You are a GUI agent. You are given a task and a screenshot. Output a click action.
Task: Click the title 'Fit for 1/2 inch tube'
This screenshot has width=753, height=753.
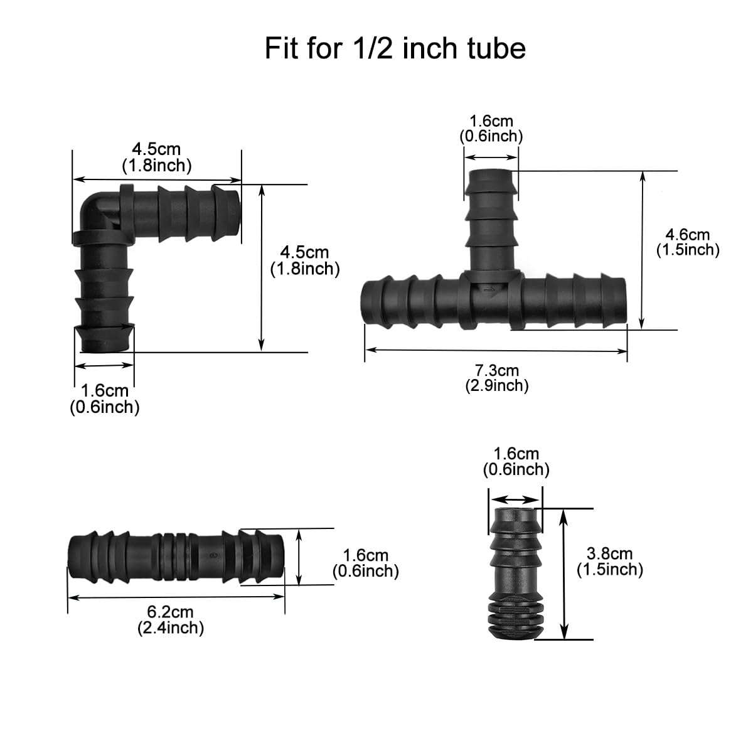click(x=395, y=48)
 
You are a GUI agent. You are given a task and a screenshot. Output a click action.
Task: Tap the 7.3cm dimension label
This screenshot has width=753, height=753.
click(x=496, y=370)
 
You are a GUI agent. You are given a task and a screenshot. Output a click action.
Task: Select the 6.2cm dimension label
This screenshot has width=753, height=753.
click(x=170, y=612)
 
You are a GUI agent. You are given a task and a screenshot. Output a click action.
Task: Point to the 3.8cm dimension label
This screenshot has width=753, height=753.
click(x=609, y=553)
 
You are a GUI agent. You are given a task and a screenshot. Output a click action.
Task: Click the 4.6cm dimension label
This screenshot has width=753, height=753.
click(x=688, y=235)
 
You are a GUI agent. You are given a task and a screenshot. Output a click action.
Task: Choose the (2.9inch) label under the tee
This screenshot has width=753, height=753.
click(x=496, y=386)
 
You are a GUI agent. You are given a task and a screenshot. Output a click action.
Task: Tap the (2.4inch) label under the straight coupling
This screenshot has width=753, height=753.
click(x=171, y=628)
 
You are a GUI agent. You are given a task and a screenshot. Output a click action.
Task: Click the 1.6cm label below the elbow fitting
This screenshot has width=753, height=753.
click(x=104, y=390)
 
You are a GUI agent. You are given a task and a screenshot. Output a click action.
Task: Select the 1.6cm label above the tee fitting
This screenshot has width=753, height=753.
click(x=491, y=120)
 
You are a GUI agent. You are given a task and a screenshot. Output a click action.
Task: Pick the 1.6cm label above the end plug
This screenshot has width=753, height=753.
click(x=516, y=454)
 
